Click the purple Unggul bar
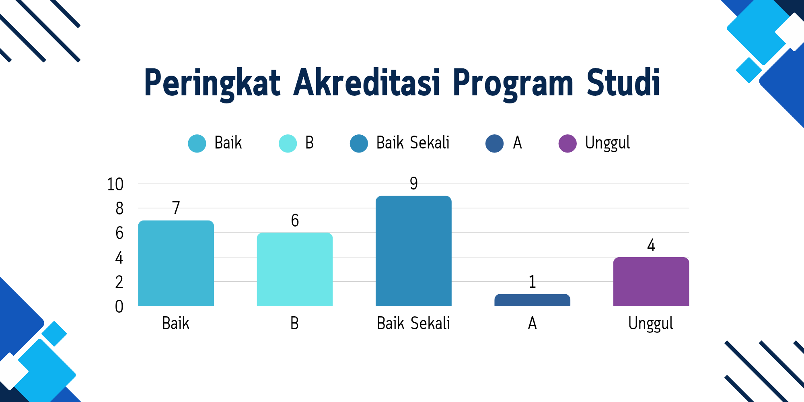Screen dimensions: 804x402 pos(651,282)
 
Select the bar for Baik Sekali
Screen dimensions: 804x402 pos(413,251)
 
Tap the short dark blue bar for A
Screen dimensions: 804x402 pos(532,300)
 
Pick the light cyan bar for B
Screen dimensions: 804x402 pos(295,269)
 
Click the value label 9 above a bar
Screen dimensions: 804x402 pos(414,183)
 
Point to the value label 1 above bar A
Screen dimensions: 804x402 pos(533,282)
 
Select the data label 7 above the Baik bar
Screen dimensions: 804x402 pos(176,208)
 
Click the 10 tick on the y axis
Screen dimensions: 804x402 pos(115,184)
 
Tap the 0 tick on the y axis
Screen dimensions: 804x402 pos(119,307)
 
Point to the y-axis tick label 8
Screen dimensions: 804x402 pos(119,209)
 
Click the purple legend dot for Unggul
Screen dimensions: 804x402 pos(568,143)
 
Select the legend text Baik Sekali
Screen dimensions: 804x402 pos(413,143)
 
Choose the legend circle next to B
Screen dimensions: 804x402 pos(288,143)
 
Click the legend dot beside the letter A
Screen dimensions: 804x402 pos(495,143)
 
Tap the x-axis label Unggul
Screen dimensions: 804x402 pos(651,324)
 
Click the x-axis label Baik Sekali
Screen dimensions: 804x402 pos(413,323)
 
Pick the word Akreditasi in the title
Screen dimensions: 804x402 pos(367,82)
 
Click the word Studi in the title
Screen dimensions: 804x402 pos(623,82)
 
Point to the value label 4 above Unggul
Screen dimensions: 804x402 pos(651,245)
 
